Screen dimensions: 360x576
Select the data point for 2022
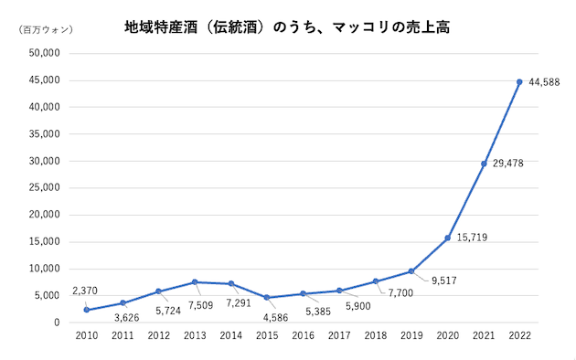tap(519, 82)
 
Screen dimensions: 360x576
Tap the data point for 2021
tap(484, 164)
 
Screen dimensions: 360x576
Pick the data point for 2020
tap(447, 238)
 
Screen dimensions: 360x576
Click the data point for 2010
tap(86, 310)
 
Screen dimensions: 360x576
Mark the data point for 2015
tap(267, 298)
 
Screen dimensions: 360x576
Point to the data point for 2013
tap(195, 282)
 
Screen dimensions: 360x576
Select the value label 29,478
tap(508, 164)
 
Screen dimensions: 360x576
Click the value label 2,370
tap(85, 292)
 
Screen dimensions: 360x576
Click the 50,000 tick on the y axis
tap(45, 53)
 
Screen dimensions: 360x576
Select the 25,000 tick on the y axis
tap(45, 188)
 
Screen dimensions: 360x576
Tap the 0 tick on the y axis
tap(57, 323)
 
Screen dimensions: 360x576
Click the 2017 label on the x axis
tap(339, 336)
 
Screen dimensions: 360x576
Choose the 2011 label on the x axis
tap(123, 336)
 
